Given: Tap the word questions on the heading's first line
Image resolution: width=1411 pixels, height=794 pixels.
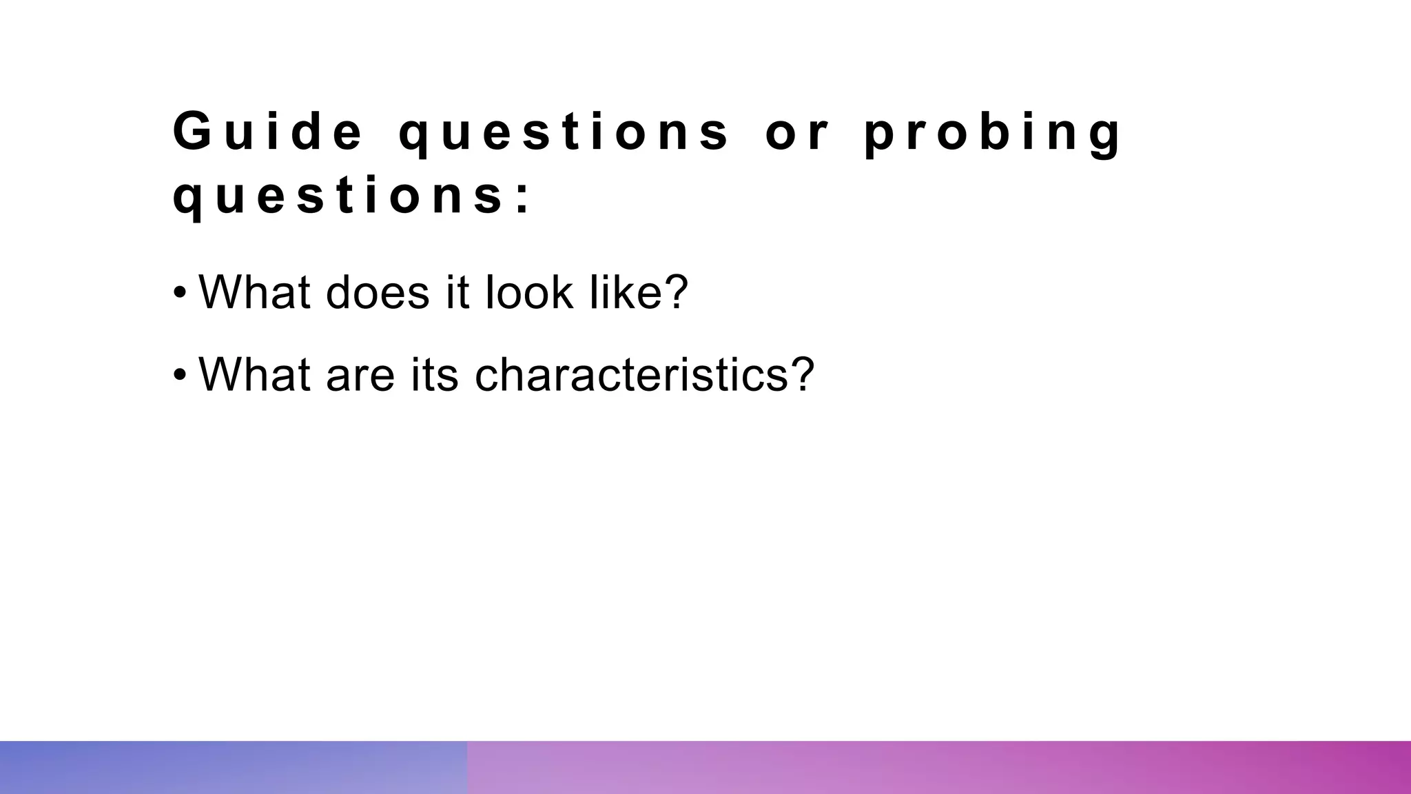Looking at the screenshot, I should [564, 132].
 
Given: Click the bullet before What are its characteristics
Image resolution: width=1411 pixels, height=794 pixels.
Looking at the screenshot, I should [180, 376].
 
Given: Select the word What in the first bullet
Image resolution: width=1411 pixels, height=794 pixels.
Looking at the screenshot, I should [254, 292].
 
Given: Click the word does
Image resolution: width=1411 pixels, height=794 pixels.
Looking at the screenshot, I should [378, 292].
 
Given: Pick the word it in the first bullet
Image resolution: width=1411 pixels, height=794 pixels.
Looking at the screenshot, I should [457, 292].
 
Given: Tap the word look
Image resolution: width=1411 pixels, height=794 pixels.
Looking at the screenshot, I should [529, 292].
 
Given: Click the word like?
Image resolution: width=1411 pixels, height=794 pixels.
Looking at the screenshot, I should [639, 292].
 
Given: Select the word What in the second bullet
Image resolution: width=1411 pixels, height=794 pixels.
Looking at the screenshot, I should [254, 374].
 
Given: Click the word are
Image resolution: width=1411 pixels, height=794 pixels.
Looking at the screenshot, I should [360, 376].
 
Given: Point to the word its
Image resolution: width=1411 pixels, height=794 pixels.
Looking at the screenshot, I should [434, 374].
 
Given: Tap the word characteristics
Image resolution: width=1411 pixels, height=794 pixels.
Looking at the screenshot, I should [629, 374].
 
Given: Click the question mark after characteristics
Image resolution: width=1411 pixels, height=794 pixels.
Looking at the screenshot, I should [800, 374].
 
